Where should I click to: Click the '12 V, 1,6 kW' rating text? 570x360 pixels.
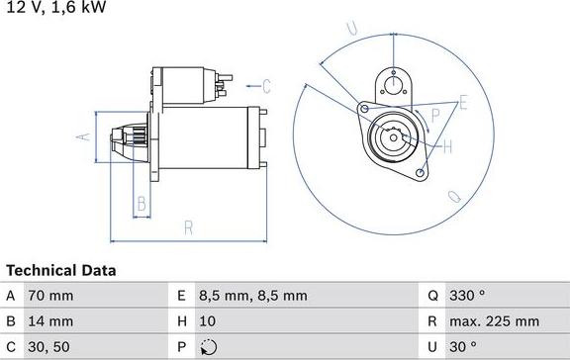(x=54, y=8)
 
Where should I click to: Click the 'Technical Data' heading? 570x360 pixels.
(x=61, y=270)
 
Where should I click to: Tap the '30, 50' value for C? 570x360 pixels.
(x=49, y=347)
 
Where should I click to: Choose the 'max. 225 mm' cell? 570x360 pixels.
(x=496, y=321)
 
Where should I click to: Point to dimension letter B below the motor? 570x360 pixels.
(x=142, y=205)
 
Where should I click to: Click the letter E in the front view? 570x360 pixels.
(x=463, y=102)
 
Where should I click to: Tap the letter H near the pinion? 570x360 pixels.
(x=446, y=147)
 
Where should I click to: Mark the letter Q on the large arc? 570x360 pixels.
(x=455, y=197)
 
